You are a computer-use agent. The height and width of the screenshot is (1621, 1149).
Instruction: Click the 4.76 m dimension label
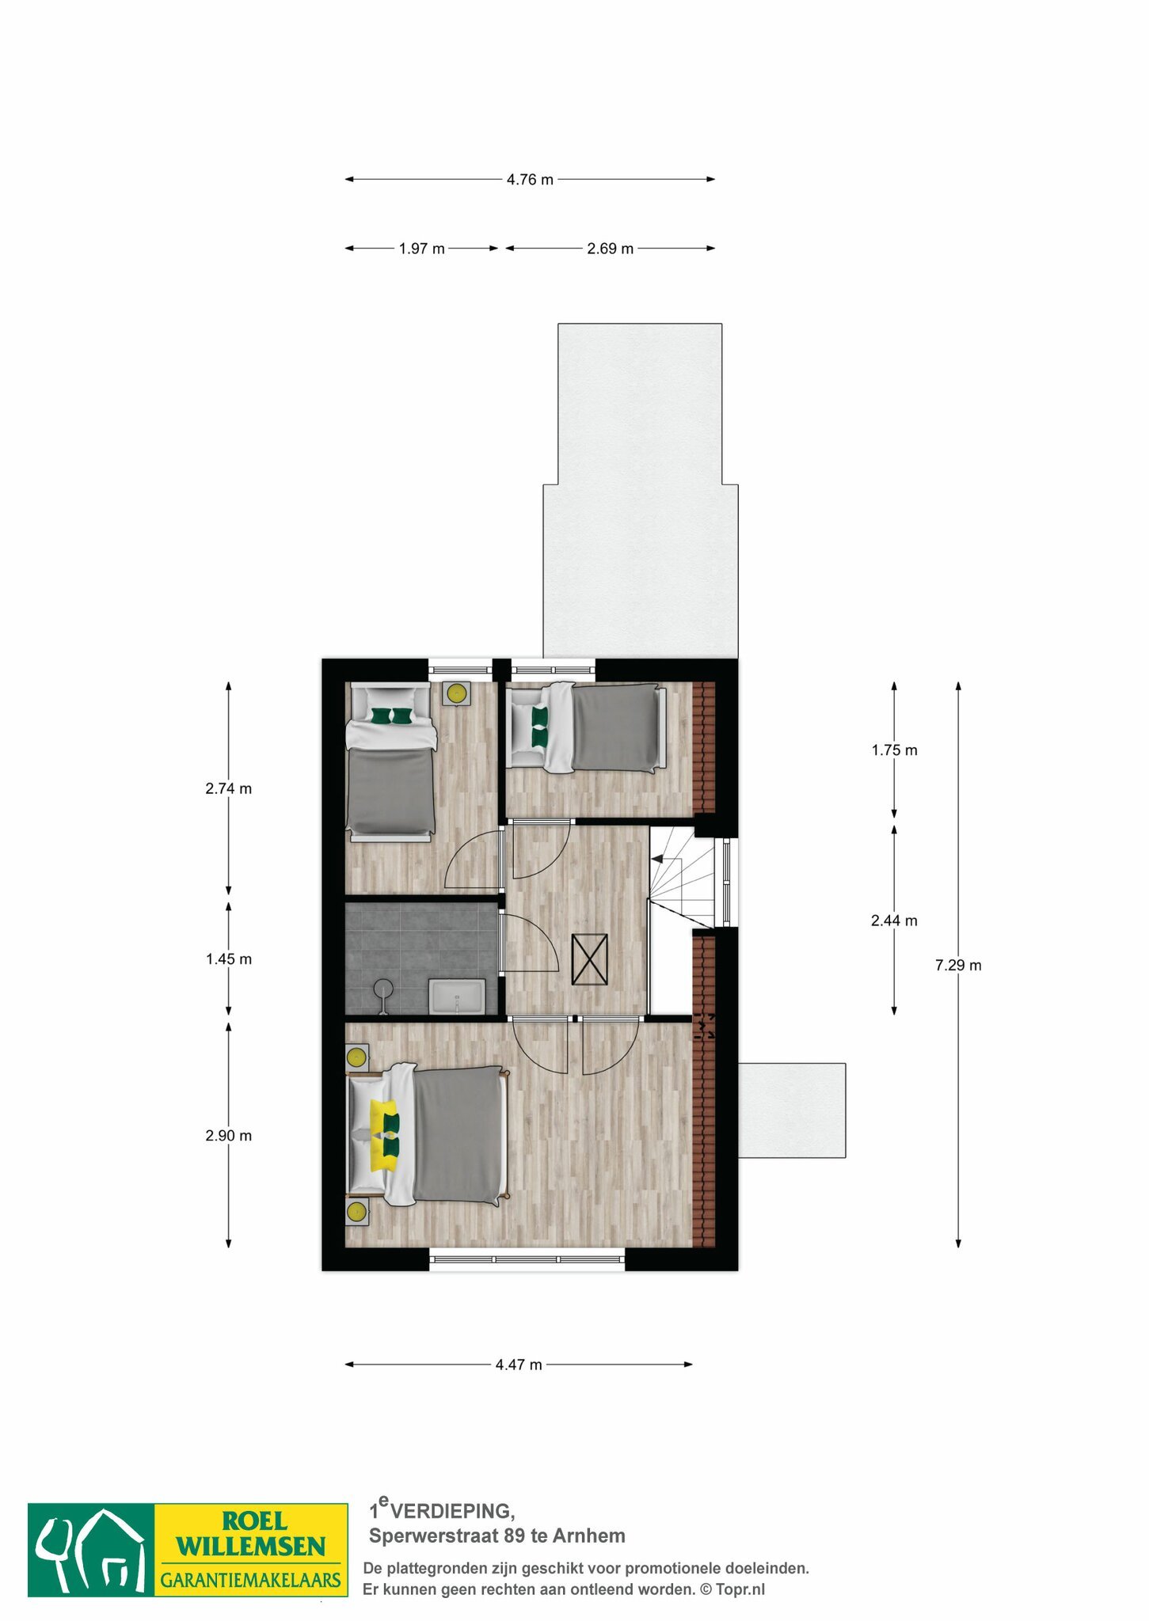(x=530, y=180)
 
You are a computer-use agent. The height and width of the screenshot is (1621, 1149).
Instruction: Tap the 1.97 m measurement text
(x=421, y=249)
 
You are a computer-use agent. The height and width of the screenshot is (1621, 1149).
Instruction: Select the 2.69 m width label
(x=610, y=249)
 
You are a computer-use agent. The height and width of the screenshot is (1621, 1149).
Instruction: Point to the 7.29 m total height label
(x=958, y=965)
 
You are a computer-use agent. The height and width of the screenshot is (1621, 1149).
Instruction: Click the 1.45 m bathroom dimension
(x=229, y=959)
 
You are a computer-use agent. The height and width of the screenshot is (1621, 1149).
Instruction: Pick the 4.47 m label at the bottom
(x=519, y=1365)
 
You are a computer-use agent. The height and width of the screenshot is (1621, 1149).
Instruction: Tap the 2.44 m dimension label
(x=894, y=921)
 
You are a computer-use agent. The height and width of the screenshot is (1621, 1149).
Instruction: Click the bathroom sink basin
(x=457, y=997)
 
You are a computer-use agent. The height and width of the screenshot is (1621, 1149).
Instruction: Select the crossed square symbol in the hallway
(x=590, y=959)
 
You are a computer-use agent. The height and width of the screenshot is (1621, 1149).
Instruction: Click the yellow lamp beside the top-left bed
(x=456, y=693)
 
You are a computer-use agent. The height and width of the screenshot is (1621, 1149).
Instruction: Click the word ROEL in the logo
(x=255, y=1520)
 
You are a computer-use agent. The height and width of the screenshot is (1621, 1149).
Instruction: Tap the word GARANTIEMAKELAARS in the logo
(x=251, y=1581)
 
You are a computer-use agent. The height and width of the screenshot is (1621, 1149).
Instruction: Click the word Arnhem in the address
(x=589, y=1536)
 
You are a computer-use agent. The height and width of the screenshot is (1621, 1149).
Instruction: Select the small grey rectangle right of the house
(x=792, y=1110)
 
